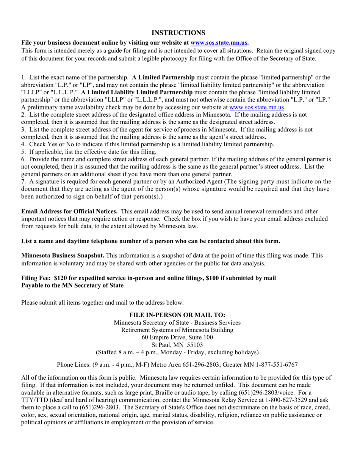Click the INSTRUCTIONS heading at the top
tap(178, 33)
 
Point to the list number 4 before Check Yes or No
tap(23, 144)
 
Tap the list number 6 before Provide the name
tap(23, 159)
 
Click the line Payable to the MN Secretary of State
tap(72, 285)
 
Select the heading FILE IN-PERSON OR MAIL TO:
tap(177, 315)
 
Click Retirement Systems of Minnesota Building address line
tap(177, 330)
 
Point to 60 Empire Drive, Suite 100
tap(177, 337)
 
